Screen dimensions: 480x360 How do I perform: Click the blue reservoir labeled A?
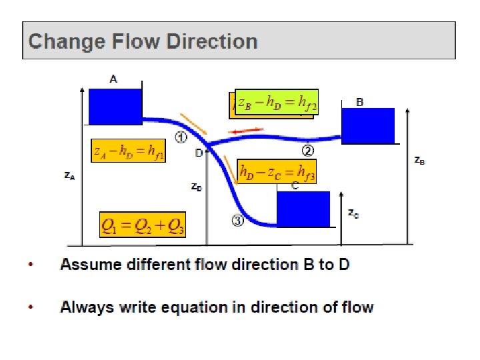115,107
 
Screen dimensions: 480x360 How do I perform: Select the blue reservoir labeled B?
368,125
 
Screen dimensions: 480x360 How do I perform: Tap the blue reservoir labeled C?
303,209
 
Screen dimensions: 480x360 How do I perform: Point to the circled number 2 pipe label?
307,149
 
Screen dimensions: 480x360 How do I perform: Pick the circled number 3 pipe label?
237,221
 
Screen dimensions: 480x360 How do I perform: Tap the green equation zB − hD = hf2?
277,101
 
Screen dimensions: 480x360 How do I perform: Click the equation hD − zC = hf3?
276,171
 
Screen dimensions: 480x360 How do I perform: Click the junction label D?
199,153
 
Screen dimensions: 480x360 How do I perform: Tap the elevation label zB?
420,161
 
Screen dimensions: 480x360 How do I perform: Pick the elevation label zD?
197,187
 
